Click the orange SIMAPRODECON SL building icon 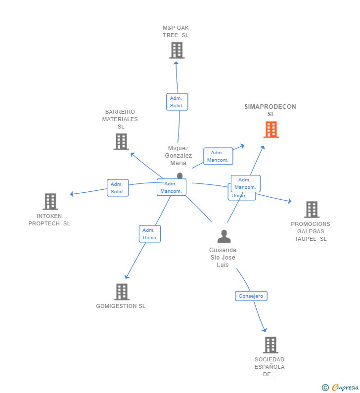click(x=271, y=130)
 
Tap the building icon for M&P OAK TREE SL click(x=177, y=50)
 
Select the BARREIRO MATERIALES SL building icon click(x=121, y=141)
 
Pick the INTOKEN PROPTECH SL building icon click(x=50, y=202)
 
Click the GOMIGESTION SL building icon click(x=122, y=292)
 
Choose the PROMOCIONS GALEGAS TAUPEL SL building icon click(x=312, y=210)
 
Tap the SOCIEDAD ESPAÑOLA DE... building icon click(x=270, y=345)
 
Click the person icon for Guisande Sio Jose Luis click(x=224, y=237)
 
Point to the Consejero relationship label click(x=251, y=296)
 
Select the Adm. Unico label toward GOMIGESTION click(x=149, y=234)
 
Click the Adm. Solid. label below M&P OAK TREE click(x=177, y=102)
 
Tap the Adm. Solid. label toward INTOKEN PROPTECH click(x=118, y=188)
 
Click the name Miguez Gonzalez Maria click(x=179, y=155)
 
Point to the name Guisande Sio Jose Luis click(x=223, y=258)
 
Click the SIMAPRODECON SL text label click(x=270, y=110)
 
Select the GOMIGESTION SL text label click(x=121, y=306)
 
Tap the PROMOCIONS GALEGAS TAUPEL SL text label click(x=311, y=231)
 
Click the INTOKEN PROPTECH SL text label click(x=49, y=219)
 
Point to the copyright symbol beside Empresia click(x=325, y=388)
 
